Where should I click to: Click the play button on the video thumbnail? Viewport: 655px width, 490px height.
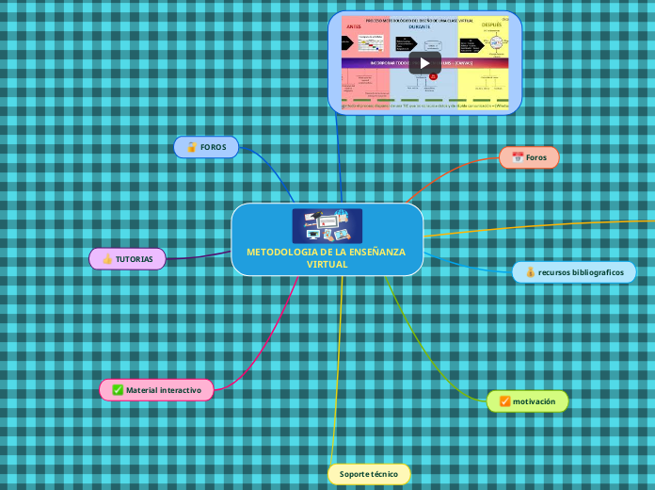tap(424, 63)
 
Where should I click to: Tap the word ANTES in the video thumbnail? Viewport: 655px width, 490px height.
tap(354, 27)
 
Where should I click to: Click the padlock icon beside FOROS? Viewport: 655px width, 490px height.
tap(191, 147)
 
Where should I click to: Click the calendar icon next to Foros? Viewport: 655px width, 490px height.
tap(517, 157)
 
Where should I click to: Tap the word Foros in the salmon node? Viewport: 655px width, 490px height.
tap(535, 157)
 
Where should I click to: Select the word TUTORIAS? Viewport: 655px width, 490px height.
tap(135, 259)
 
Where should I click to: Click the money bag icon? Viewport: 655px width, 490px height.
tap(530, 272)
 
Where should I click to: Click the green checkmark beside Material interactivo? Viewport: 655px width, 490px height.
tap(118, 389)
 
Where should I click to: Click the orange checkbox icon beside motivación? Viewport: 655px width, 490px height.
tap(504, 401)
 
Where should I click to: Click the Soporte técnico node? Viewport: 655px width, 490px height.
tap(369, 473)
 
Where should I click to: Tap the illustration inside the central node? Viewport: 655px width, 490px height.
tap(327, 225)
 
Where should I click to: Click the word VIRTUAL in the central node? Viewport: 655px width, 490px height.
tap(327, 264)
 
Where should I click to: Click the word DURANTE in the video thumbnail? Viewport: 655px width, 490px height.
tap(424, 26)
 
